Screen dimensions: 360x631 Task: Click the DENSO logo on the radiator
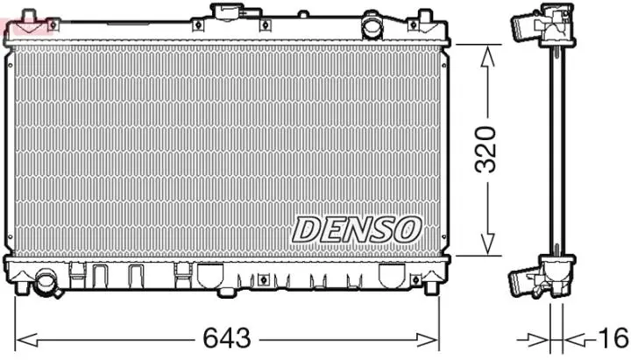coord(357,229)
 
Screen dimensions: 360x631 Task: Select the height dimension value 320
coord(487,148)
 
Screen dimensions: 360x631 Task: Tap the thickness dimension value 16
coord(613,337)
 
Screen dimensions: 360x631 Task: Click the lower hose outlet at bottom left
coord(45,282)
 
